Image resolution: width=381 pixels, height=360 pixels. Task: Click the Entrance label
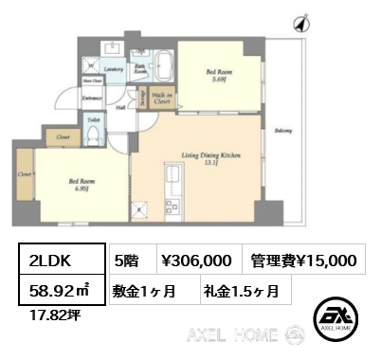tap(92, 99)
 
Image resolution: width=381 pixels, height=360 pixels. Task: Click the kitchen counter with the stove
tap(173, 181)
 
